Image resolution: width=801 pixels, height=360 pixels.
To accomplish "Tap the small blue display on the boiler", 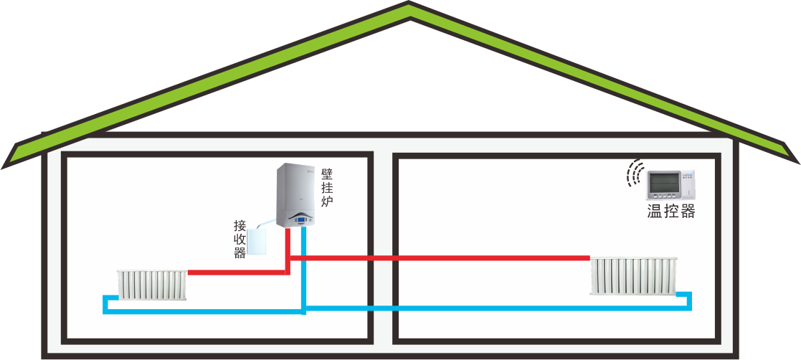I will pos(302,221).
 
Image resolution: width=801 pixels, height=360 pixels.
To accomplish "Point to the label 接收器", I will pos(240,239).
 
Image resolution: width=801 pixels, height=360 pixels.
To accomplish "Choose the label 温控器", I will pos(671,212).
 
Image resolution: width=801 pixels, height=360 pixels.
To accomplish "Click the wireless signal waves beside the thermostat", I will pos(633,174).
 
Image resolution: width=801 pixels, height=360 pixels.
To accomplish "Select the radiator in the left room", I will pos(152,285).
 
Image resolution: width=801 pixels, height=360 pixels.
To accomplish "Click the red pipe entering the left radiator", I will pos(215,273).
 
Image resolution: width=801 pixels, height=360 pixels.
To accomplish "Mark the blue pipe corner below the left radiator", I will pos(106,310).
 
